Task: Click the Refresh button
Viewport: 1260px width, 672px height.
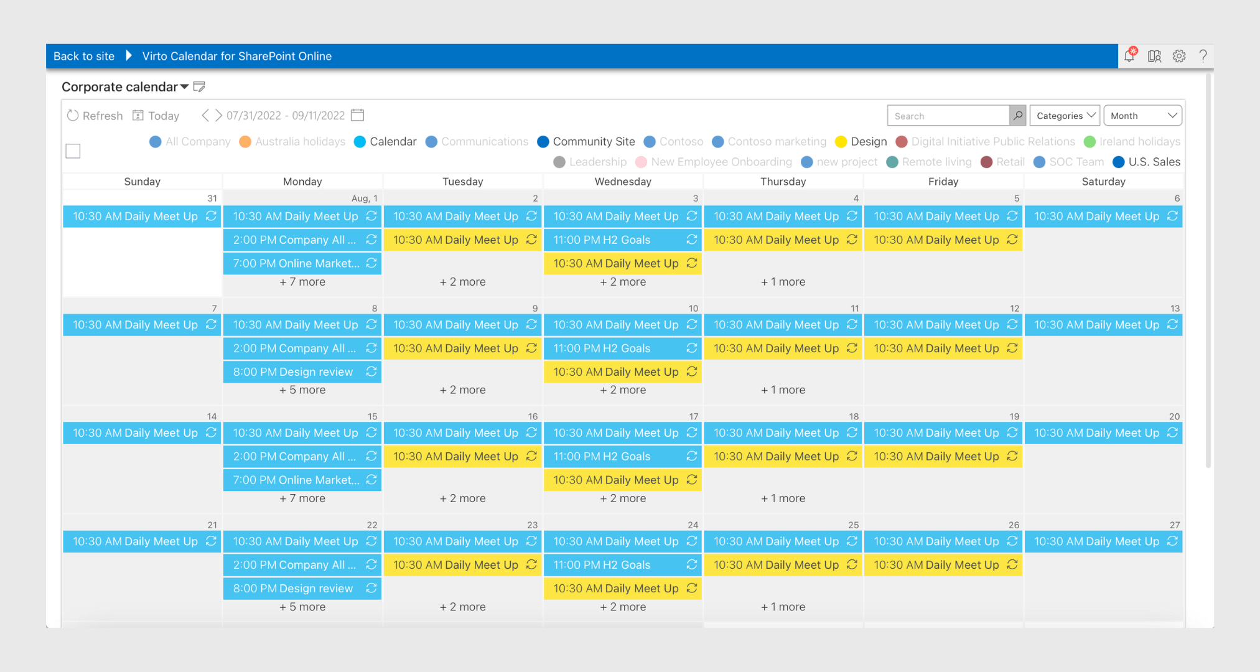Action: point(95,116)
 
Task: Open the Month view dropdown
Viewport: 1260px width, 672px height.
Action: point(1142,116)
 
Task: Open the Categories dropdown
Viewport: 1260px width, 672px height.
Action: point(1065,116)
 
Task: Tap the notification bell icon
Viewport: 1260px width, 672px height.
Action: point(1129,56)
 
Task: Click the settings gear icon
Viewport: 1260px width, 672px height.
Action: point(1179,56)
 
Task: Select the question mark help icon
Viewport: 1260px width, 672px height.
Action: point(1203,56)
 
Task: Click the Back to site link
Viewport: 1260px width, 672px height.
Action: point(84,56)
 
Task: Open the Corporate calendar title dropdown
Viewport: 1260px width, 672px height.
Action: point(184,87)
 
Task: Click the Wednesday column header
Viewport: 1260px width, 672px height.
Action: point(623,182)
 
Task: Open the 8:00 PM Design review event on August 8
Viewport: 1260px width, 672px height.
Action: point(294,372)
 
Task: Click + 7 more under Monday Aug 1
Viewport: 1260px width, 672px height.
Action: point(302,282)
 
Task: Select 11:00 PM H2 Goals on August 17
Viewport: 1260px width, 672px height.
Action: point(602,457)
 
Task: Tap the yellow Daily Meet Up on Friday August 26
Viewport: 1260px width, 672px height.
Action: point(936,565)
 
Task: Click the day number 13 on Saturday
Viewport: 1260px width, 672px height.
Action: point(1174,309)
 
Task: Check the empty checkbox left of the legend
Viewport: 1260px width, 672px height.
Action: point(73,151)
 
